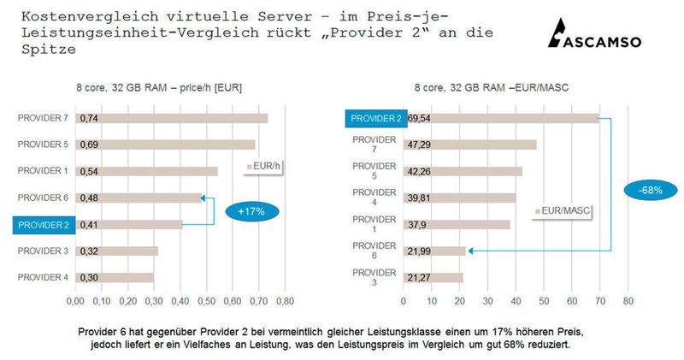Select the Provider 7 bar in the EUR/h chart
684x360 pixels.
(x=171, y=118)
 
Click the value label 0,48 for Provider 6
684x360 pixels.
(x=90, y=198)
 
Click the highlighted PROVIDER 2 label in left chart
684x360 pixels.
(x=38, y=225)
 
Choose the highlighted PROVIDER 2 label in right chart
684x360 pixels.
(x=373, y=118)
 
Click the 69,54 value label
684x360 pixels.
(x=419, y=118)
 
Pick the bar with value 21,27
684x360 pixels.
(x=433, y=277)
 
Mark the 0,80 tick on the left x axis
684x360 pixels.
(x=285, y=301)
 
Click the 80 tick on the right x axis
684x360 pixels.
(x=628, y=301)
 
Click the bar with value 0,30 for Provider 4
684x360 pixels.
(x=115, y=278)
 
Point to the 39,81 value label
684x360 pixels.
(x=419, y=198)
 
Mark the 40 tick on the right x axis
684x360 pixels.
(x=516, y=301)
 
